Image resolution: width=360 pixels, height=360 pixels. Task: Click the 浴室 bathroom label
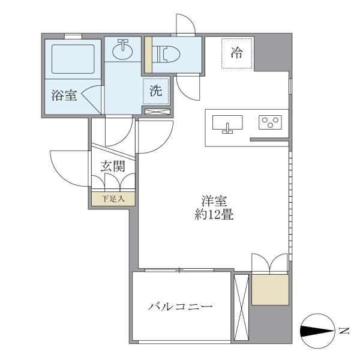click(x=64, y=94)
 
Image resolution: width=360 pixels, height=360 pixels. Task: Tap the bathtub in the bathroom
click(x=73, y=58)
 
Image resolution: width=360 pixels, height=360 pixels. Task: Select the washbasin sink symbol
click(x=123, y=49)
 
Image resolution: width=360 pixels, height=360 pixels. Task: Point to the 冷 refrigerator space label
click(x=237, y=53)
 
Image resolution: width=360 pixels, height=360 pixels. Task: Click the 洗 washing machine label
click(x=156, y=92)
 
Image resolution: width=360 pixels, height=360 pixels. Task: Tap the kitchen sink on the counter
click(x=227, y=124)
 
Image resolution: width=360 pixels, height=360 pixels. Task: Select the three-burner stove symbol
click(x=271, y=122)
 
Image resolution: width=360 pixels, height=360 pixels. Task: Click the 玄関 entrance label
click(x=113, y=166)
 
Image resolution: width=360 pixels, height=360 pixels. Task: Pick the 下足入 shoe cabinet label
click(x=113, y=199)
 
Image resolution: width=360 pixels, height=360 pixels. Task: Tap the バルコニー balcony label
click(x=181, y=307)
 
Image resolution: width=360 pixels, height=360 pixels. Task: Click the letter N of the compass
click(x=343, y=329)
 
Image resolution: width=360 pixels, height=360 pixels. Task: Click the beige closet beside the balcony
click(x=271, y=290)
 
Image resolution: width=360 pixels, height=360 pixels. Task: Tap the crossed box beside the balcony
click(x=241, y=307)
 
